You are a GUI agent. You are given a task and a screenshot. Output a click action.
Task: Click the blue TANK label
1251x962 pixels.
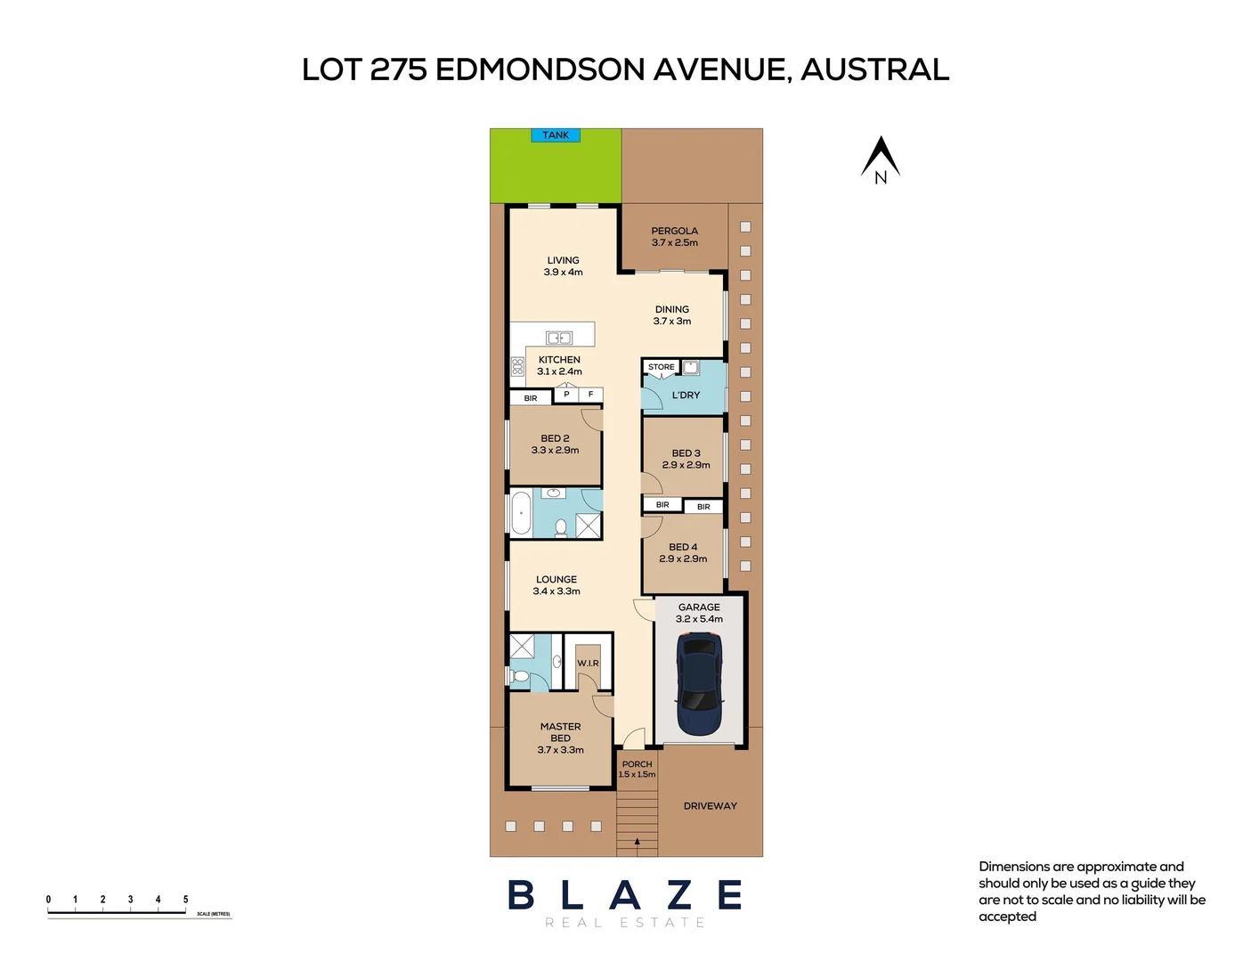click(x=556, y=135)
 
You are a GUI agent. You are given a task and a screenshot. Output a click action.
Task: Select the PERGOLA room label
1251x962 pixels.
click(x=674, y=231)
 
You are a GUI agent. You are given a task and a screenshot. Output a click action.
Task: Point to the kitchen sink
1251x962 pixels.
click(x=558, y=338)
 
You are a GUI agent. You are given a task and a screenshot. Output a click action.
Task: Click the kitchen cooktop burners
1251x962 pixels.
click(x=517, y=366)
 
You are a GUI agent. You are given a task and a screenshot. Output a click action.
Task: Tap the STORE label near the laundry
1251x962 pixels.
click(x=661, y=367)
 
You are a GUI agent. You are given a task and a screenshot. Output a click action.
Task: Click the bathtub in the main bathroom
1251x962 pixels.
click(x=521, y=514)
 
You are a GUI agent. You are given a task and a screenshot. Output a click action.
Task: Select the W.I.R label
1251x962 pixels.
click(x=588, y=664)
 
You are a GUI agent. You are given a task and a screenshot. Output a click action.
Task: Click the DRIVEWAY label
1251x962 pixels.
click(x=710, y=806)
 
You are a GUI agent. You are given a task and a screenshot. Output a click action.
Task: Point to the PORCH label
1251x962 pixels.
click(x=637, y=764)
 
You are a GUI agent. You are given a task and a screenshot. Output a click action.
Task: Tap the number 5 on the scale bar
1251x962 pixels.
click(x=185, y=900)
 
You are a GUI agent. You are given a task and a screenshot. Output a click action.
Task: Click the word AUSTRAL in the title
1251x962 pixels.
click(x=874, y=69)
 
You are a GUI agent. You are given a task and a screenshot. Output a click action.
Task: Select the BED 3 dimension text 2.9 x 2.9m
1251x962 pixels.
click(x=686, y=465)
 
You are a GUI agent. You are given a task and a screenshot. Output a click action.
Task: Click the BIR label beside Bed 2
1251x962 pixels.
click(x=531, y=398)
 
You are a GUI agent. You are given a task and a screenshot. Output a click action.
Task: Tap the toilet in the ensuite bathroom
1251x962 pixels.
click(x=520, y=677)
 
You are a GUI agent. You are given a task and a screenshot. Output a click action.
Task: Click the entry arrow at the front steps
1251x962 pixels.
click(x=637, y=841)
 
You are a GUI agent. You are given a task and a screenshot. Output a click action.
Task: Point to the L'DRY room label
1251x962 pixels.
click(x=686, y=395)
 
